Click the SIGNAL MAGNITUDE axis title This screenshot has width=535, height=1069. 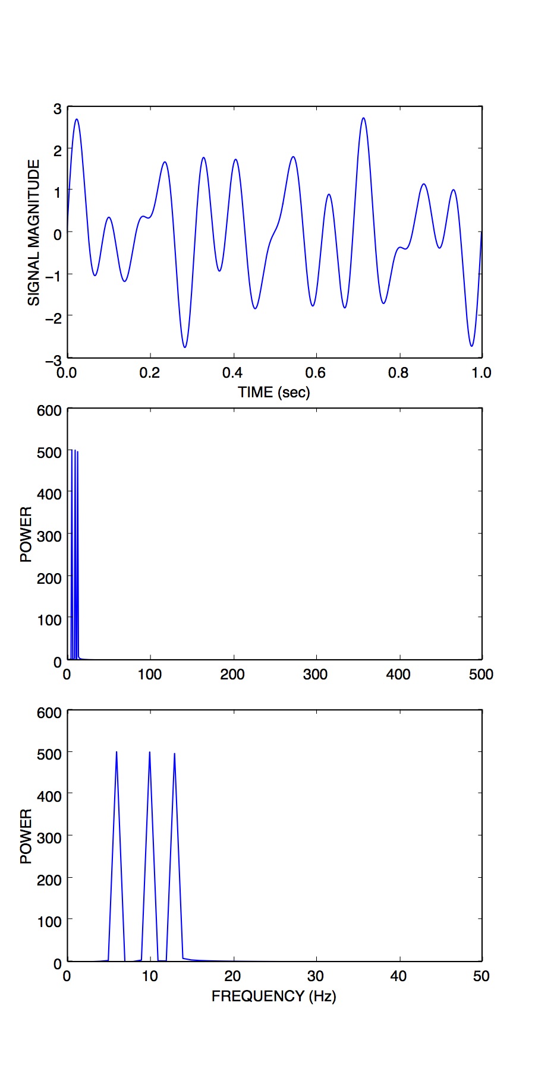[34, 232]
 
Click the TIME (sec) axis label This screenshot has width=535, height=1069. [274, 392]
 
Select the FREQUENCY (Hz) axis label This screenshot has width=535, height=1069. [274, 996]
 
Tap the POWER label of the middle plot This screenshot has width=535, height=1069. [26, 534]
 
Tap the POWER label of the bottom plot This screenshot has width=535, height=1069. [26, 836]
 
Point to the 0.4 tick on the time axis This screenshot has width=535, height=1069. [232, 373]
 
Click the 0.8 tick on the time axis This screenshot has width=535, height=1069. [398, 373]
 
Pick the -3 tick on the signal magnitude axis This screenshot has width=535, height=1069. [53, 360]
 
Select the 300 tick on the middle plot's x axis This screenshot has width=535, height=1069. [315, 674]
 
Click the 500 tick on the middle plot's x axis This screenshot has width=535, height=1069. [481, 674]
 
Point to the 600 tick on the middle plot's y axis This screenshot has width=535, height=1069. [49, 410]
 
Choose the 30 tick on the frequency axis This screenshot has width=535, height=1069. [315, 976]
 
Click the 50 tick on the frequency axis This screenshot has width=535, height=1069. [481, 976]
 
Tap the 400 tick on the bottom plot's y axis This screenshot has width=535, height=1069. [49, 796]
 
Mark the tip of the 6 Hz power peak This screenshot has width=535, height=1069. [117, 752]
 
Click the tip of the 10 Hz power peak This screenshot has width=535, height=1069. [149, 752]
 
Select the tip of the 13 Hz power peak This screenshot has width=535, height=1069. [174, 754]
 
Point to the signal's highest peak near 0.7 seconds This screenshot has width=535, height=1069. [363, 118]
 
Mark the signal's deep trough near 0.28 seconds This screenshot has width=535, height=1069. [185, 347]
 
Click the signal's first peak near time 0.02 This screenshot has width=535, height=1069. [76, 119]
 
